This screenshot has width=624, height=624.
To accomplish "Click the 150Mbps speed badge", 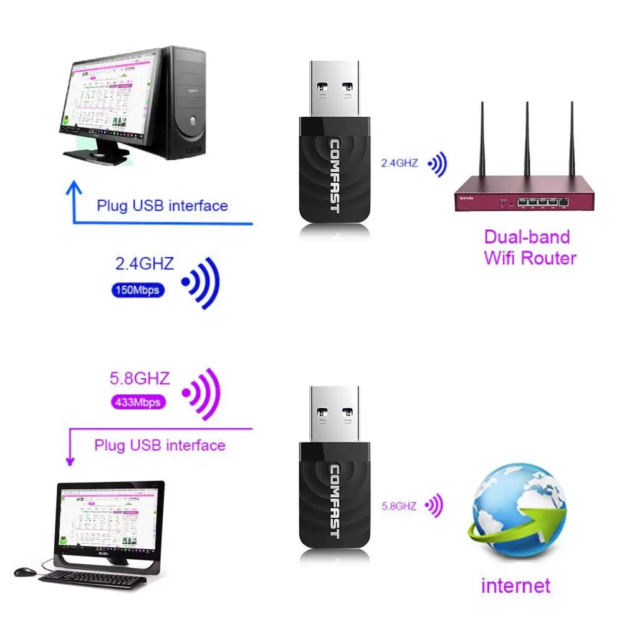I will tap(138, 290).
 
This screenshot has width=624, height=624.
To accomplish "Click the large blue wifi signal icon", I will tap(201, 282).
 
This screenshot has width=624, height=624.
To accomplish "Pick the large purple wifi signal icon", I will tap(201, 393).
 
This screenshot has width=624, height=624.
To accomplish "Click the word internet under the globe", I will tap(516, 585).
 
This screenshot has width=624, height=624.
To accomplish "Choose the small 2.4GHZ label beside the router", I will tap(400, 164).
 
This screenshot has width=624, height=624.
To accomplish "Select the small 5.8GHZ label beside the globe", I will tap(399, 506).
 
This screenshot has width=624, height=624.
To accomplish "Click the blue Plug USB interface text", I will tap(162, 206).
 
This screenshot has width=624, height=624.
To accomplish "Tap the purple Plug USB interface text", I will tap(160, 445).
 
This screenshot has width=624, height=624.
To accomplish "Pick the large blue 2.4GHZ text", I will tap(145, 264).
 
